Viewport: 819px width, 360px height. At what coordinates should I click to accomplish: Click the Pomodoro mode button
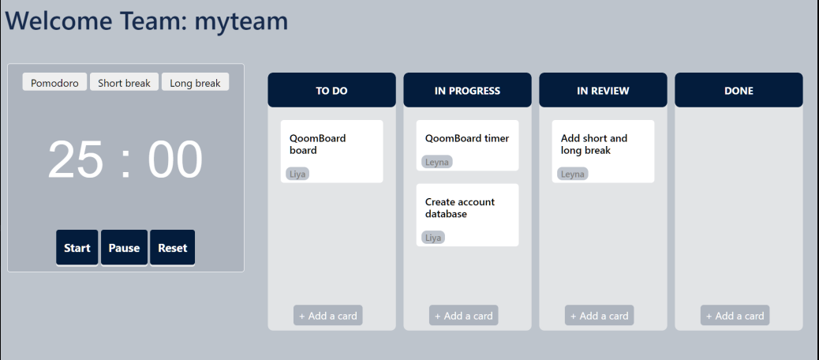(x=54, y=83)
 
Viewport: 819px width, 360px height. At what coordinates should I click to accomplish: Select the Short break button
(x=124, y=83)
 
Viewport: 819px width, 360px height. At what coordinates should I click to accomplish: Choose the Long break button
(x=195, y=83)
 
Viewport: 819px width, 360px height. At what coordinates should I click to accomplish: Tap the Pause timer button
(x=124, y=248)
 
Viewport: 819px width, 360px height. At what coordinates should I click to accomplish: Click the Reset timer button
(x=172, y=248)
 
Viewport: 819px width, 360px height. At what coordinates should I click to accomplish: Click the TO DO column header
(x=331, y=91)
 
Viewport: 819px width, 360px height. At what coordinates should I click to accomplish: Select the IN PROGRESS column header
(x=467, y=91)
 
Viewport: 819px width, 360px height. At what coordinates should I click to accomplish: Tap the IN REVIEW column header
(x=603, y=91)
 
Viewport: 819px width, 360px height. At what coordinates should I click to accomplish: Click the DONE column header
(x=739, y=91)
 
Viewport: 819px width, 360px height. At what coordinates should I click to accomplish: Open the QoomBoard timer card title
(x=467, y=138)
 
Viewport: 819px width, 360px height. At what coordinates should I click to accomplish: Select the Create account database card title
(x=460, y=208)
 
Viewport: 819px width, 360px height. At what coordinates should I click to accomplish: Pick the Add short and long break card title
(x=594, y=144)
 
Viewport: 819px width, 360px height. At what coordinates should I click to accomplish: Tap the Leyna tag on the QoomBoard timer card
(x=436, y=162)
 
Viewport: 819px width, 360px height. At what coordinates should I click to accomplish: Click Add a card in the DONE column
(x=735, y=316)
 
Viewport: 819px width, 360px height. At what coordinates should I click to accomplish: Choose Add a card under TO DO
(x=327, y=316)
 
